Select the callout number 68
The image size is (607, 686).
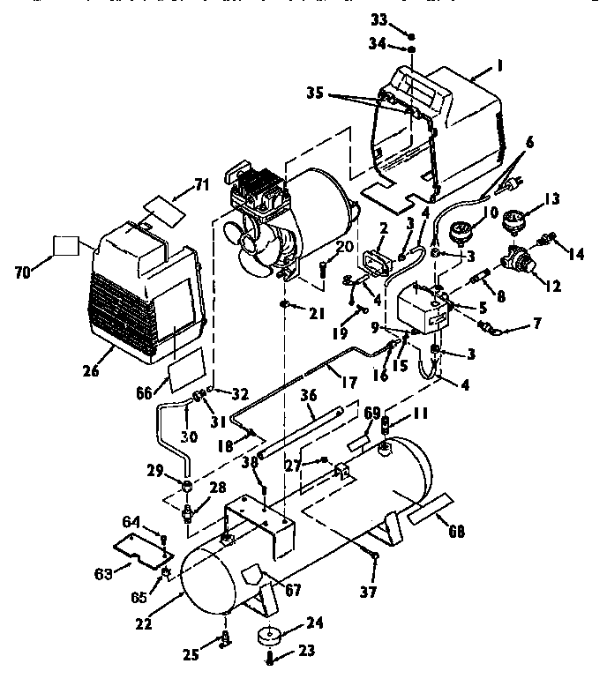tap(456, 532)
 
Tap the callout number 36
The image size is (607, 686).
tap(307, 394)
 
